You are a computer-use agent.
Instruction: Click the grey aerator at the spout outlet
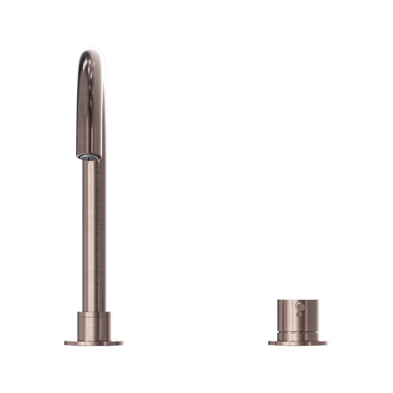[x=89, y=157]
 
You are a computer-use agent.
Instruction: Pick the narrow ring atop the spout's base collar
[x=94, y=314]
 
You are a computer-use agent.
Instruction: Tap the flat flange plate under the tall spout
[x=94, y=343]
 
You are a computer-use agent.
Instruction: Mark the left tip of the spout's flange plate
[x=66, y=343]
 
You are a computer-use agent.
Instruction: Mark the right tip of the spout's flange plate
[x=123, y=343]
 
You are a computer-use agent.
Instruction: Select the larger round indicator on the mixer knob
[x=299, y=306]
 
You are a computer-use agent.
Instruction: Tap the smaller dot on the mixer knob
[x=299, y=314]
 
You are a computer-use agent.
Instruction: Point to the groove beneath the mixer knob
[x=298, y=331]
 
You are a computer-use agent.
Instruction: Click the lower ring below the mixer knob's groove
[x=298, y=336]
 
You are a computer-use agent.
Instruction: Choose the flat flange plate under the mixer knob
[x=298, y=343]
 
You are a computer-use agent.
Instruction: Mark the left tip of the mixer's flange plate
[x=269, y=343]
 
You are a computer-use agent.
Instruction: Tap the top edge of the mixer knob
[x=298, y=299]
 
